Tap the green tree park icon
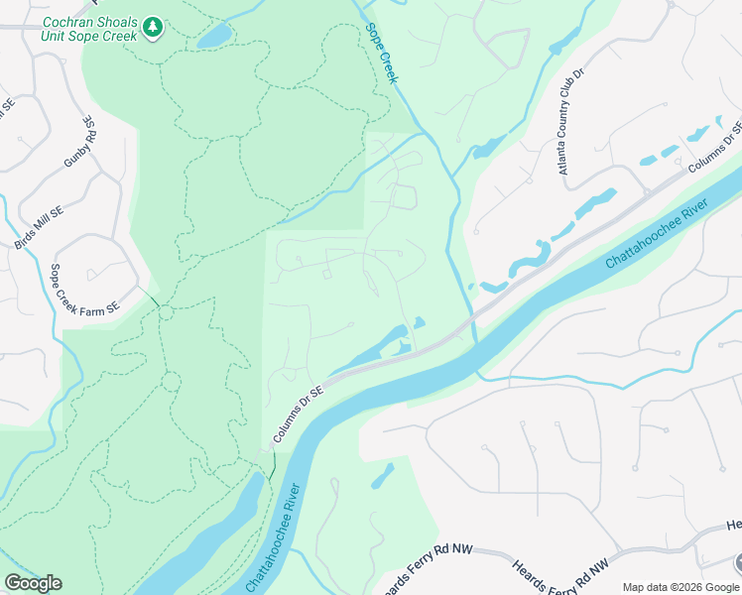152,27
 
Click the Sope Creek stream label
381,54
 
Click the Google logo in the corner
33,583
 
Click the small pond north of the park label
213,37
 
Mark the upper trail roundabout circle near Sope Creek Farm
165,312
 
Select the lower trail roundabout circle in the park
172,381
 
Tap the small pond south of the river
382,476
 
